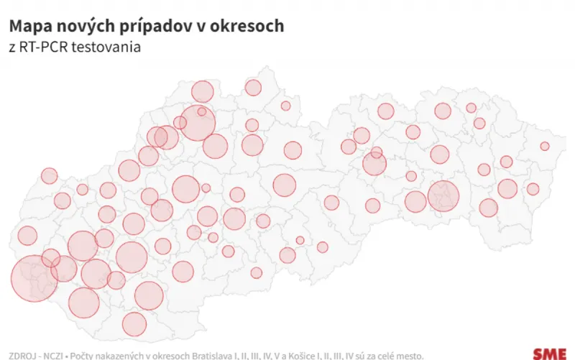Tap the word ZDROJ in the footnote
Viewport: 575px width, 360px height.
point(19,355)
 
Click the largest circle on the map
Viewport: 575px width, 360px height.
point(34,277)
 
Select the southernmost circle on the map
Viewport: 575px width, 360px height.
point(134,324)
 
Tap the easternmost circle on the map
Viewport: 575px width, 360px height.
point(545,146)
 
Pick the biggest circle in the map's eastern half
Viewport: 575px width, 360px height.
point(443,195)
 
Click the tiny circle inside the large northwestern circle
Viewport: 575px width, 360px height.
point(202,111)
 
